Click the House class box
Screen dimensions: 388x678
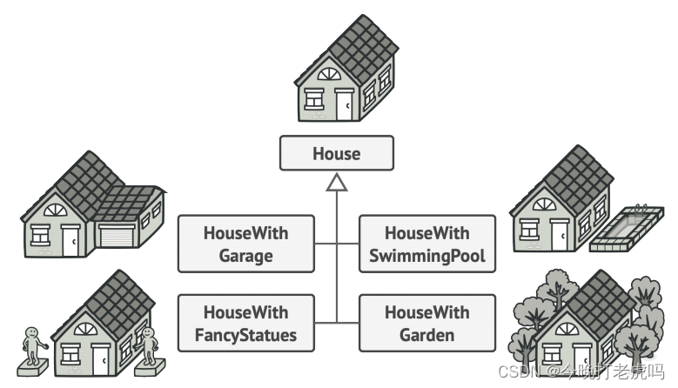[336, 153]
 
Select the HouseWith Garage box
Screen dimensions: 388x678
[245, 244]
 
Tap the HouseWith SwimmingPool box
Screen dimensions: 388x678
[426, 244]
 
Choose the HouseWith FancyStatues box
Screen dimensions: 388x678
[245, 323]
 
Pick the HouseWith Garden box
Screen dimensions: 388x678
[426, 323]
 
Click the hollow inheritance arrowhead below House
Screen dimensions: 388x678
[337, 182]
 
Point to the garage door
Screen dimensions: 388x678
[117, 237]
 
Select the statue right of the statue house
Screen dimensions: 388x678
[148, 345]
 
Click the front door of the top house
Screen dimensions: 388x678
[345, 104]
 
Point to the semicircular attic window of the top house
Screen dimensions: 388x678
[330, 75]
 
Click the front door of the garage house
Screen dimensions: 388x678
[70, 240]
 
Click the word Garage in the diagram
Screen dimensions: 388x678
[245, 256]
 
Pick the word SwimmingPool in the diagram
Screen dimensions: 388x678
[426, 256]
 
